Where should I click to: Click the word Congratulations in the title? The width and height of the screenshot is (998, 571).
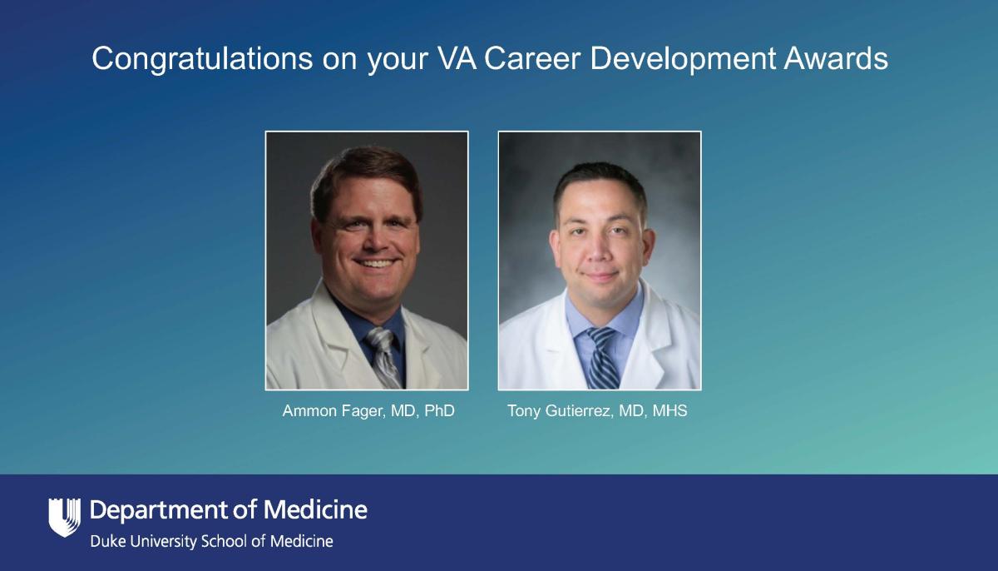point(202,59)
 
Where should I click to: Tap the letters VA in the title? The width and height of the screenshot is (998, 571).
point(457,58)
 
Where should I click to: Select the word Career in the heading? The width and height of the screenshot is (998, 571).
point(532,58)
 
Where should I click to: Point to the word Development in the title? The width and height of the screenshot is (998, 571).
point(683,59)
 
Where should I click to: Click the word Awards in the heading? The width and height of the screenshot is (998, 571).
point(836,58)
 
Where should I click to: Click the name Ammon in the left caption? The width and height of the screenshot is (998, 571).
point(309,410)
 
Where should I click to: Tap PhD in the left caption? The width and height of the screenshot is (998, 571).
point(439,410)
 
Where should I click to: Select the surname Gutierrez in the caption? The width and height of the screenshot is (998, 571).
point(578,410)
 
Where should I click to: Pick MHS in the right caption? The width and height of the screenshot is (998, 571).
point(669,410)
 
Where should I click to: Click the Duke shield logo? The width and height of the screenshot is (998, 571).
point(65,517)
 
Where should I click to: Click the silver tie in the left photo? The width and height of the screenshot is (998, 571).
point(383,356)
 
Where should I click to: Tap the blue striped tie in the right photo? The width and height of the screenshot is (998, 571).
point(602,359)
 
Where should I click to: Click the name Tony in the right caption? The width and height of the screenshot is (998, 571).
point(524,411)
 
